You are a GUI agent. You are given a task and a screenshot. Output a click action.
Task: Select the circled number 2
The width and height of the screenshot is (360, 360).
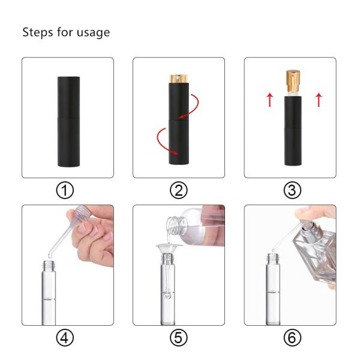179,190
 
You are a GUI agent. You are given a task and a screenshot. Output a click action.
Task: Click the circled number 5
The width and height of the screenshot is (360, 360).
179,338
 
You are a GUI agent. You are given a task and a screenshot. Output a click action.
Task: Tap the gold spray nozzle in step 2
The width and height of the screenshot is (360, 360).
179,79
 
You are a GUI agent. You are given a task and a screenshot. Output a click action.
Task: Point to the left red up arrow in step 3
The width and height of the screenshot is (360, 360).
269,100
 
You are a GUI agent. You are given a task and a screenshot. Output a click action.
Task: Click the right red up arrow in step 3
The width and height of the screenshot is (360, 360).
318,100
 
